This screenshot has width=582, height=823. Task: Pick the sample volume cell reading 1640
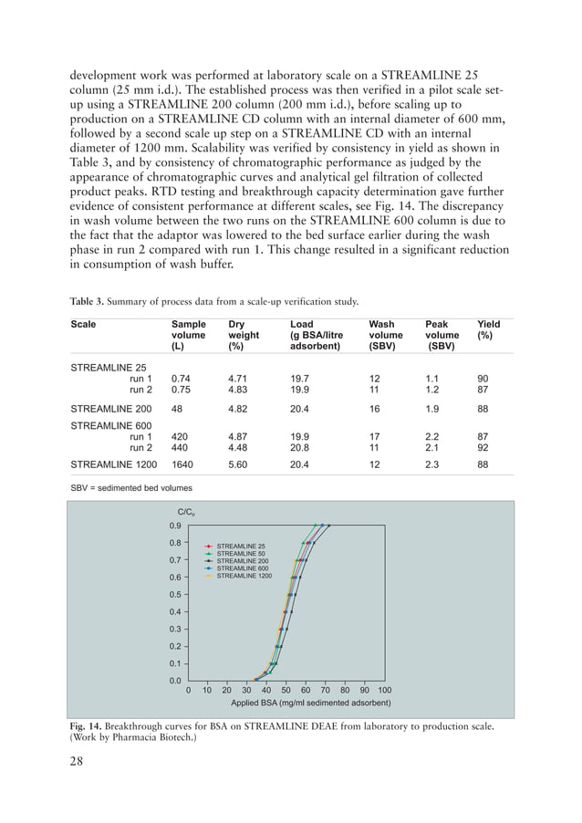tap(183, 464)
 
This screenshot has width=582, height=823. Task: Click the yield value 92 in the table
tap(483, 447)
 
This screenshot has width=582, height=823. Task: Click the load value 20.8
tap(300, 447)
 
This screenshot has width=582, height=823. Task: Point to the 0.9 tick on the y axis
tap(174, 526)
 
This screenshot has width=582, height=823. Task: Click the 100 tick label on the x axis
tap(385, 691)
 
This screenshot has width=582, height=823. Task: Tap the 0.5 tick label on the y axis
tap(174, 595)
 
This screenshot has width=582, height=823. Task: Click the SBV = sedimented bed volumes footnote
tap(131, 488)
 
